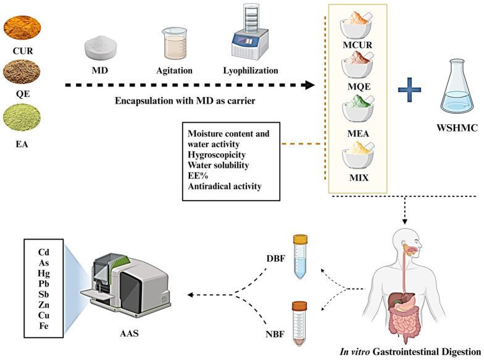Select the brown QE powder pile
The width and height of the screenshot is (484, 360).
click(22, 72)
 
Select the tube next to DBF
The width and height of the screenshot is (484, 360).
click(300, 256)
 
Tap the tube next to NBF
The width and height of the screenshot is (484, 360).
click(300, 320)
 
